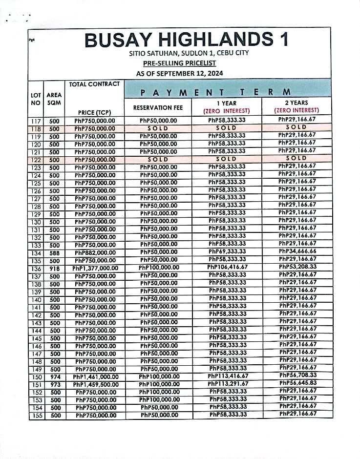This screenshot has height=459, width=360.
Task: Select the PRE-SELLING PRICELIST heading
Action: (x=180, y=63)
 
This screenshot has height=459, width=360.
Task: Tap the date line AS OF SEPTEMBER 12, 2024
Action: (x=180, y=74)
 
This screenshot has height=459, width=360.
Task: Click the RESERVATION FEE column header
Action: (x=159, y=107)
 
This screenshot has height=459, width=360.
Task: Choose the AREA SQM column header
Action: (x=54, y=99)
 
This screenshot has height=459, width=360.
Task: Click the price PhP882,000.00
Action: (x=96, y=253)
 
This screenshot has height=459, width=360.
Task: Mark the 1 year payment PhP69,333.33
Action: (x=227, y=251)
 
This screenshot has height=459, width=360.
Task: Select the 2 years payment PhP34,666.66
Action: (x=297, y=251)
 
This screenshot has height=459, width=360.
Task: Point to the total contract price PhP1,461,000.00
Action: (x=96, y=377)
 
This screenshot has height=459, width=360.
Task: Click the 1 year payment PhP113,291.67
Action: (x=227, y=384)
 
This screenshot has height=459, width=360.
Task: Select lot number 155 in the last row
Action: (x=37, y=416)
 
